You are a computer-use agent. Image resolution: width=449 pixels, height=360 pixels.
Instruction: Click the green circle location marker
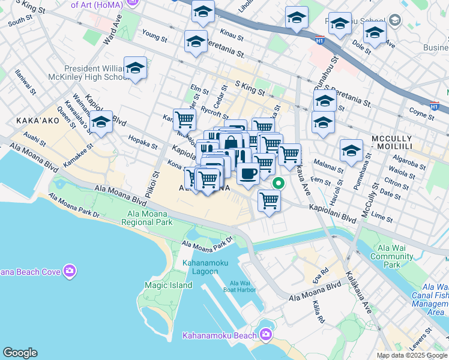pos(277,183)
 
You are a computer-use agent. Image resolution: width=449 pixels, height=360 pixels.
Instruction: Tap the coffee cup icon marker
pos(247,173)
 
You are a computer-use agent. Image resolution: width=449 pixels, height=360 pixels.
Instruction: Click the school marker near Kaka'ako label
pos(101,124)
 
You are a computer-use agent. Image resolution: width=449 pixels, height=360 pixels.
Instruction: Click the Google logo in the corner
pos(20,353)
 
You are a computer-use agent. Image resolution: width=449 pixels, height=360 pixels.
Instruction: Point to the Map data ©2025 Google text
pos(412,355)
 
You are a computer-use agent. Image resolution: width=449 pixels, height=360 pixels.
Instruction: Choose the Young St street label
pos(155,37)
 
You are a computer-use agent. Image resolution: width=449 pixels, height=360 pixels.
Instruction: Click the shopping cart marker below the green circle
pos(270,200)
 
